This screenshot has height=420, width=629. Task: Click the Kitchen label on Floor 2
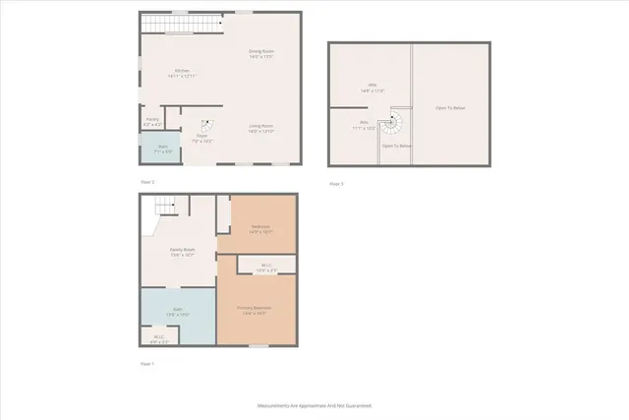[x=183, y=73]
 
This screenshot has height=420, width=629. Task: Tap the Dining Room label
[x=260, y=53]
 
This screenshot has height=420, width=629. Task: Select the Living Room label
[x=260, y=128]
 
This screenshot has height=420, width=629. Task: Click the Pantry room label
[x=152, y=123]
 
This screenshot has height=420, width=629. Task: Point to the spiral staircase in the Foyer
[x=207, y=125]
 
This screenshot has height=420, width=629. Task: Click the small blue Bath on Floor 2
[x=163, y=149]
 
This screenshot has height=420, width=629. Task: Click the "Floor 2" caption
[x=146, y=182]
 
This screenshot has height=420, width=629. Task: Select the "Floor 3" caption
[x=336, y=184]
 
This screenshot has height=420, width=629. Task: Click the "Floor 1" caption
[x=146, y=364]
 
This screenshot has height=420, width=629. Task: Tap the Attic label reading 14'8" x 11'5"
[x=372, y=88]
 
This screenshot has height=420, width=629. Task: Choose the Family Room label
[x=182, y=252]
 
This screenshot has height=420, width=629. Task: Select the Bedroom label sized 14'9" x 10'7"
[x=260, y=229]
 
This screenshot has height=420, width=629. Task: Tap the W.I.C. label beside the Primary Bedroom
[x=266, y=267]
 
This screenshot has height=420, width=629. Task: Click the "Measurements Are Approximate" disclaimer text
[x=314, y=405]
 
